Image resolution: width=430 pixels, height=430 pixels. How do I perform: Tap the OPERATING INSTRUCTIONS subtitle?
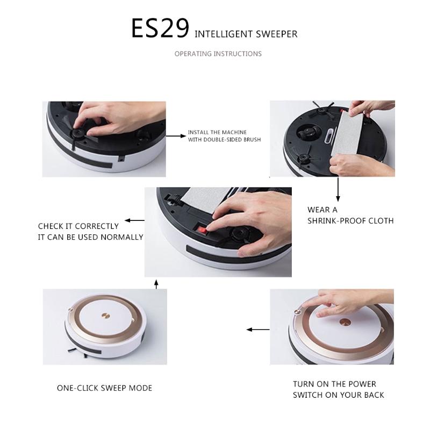(x=218, y=54)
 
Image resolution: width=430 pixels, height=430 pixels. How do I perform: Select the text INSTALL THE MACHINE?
(x=217, y=133)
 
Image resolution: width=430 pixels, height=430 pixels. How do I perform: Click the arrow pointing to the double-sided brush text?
(x=175, y=137)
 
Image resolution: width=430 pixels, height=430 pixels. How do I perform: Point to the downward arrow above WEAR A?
(x=338, y=188)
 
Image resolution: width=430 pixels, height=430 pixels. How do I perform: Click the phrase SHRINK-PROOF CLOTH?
(x=350, y=221)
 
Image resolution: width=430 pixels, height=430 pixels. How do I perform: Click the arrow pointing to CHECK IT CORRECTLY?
(x=135, y=220)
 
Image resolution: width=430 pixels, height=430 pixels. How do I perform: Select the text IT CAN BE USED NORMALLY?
(x=90, y=237)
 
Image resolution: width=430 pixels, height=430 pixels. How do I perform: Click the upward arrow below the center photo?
(x=156, y=284)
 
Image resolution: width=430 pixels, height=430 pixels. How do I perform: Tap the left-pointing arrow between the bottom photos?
(x=258, y=329)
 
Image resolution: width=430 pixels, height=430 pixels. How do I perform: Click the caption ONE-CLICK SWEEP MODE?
(x=104, y=388)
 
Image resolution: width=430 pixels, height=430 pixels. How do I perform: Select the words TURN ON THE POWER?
(x=334, y=384)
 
